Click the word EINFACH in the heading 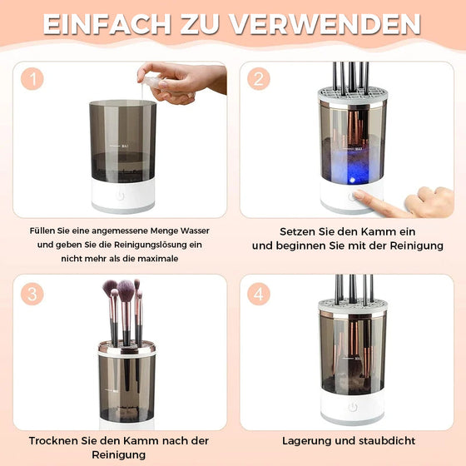pyautogui.click(x=98, y=23)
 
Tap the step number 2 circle pyautogui.click(x=260, y=79)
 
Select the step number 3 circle pyautogui.click(x=32, y=294)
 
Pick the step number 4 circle pyautogui.click(x=260, y=294)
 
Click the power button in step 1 pyautogui.click(x=122, y=198)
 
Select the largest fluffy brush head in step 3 pyautogui.click(x=126, y=292)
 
